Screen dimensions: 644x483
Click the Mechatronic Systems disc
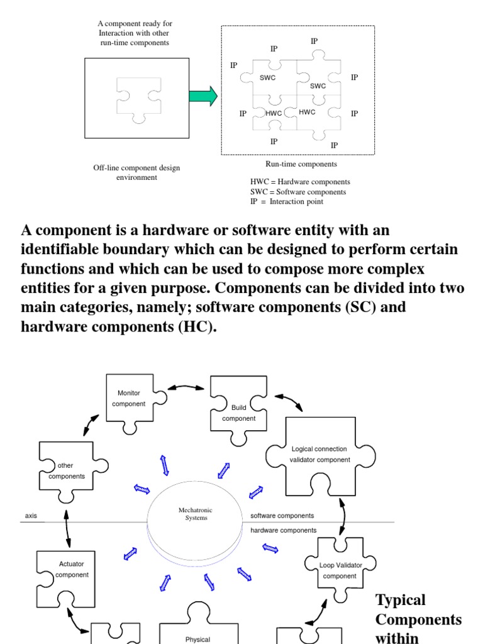[195, 516]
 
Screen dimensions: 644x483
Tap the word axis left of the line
[31, 516]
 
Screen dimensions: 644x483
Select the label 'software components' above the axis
[282, 516]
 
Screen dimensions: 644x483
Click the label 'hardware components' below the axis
[283, 530]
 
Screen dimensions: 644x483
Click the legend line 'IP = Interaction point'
[287, 201]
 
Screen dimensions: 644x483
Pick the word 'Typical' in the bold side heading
[401, 599]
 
